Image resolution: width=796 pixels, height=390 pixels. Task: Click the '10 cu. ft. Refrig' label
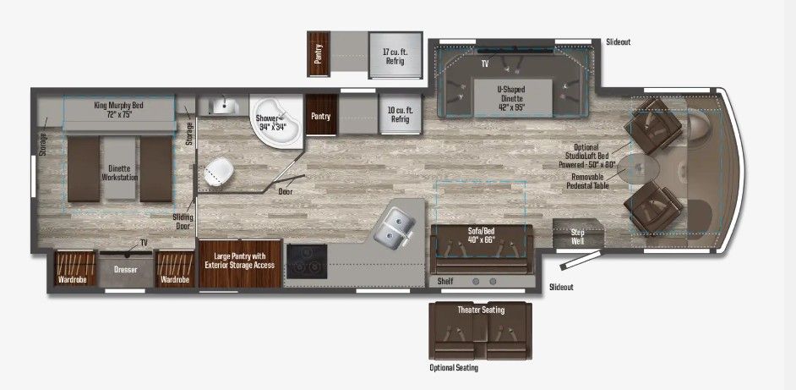399,115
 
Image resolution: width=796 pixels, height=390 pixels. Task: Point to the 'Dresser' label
125,270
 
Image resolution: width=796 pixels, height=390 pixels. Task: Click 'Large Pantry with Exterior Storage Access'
240,261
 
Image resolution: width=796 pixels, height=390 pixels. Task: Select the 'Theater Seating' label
480,310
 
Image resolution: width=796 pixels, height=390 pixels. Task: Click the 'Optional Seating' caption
454,368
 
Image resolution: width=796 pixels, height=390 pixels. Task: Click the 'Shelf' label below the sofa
445,280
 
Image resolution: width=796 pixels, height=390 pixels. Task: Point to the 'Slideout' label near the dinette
618,41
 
